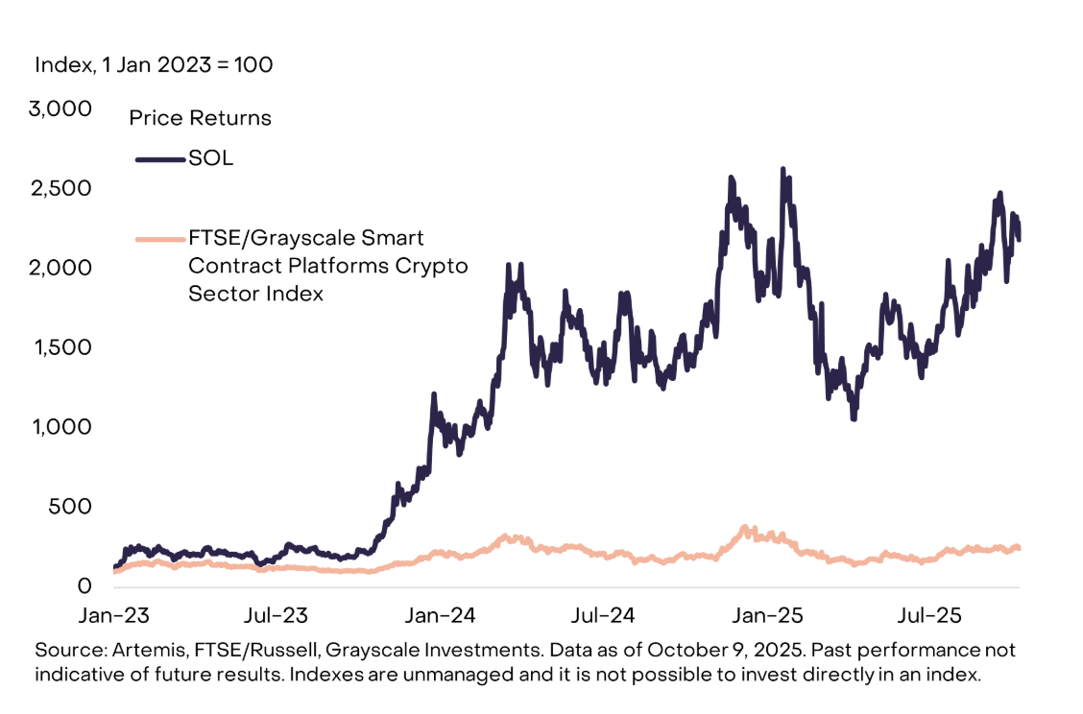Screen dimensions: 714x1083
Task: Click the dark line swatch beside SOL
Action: tap(159, 159)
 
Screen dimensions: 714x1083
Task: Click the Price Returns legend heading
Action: tap(201, 118)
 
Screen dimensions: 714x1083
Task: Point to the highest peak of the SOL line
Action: tap(783, 170)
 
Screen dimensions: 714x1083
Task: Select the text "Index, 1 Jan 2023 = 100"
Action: tap(154, 65)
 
